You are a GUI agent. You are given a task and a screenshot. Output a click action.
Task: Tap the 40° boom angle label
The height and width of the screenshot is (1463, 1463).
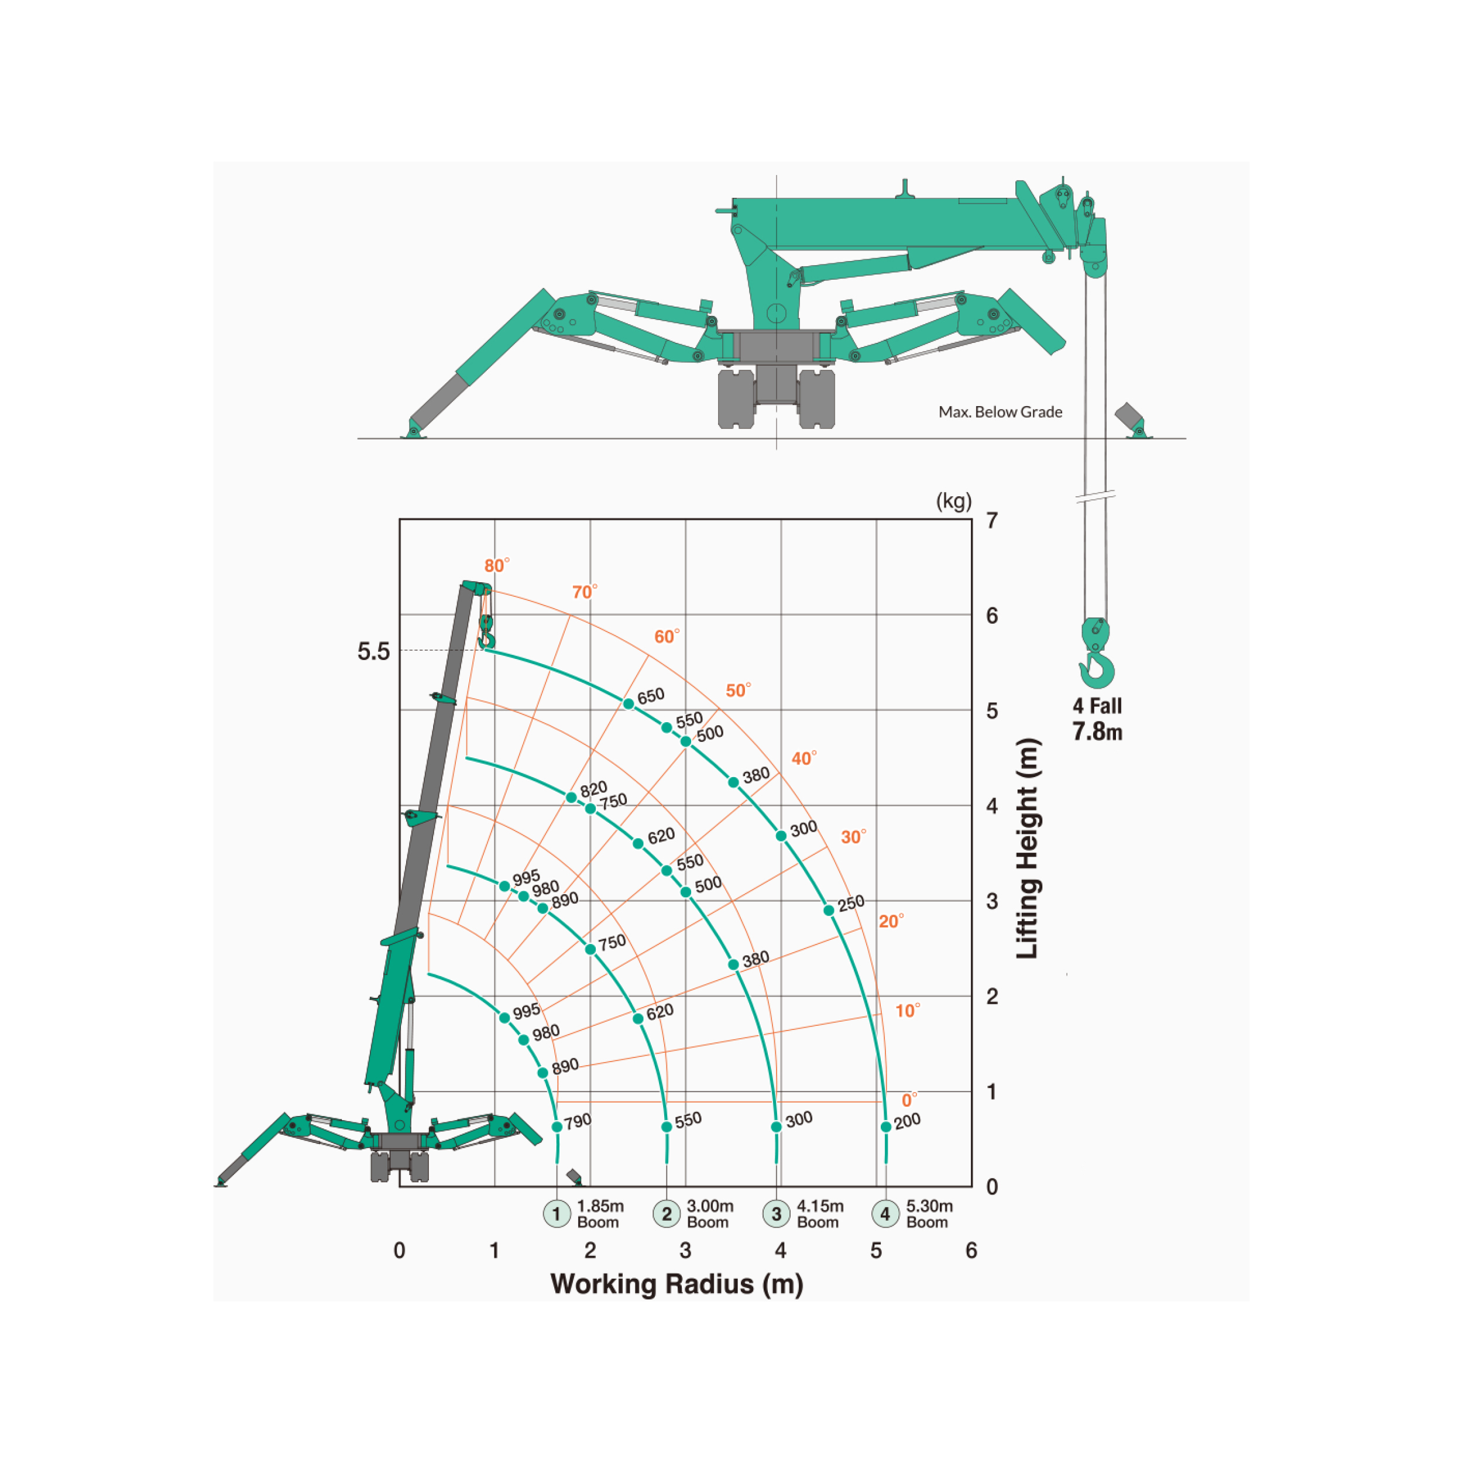(804, 758)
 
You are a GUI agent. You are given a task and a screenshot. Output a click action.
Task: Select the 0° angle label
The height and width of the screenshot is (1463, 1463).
(909, 1100)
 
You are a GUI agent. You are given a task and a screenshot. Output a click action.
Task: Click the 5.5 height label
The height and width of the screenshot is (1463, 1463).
(373, 651)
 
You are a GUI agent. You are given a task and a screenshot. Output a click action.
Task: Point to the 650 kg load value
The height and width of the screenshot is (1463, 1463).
(651, 696)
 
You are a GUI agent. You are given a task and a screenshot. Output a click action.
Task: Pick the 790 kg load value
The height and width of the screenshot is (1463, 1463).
(578, 1121)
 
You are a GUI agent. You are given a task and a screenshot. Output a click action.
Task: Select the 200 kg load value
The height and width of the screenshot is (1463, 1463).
(907, 1121)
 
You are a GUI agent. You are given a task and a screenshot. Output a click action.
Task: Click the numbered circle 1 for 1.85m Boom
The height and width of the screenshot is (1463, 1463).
(557, 1214)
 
